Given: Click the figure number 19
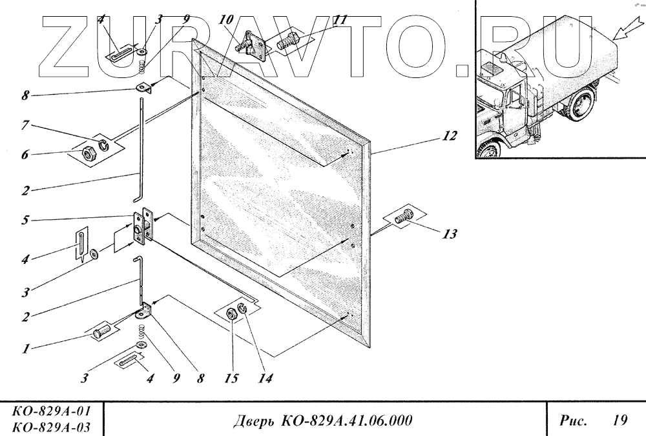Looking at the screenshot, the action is pyautogui.click(x=619, y=421).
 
